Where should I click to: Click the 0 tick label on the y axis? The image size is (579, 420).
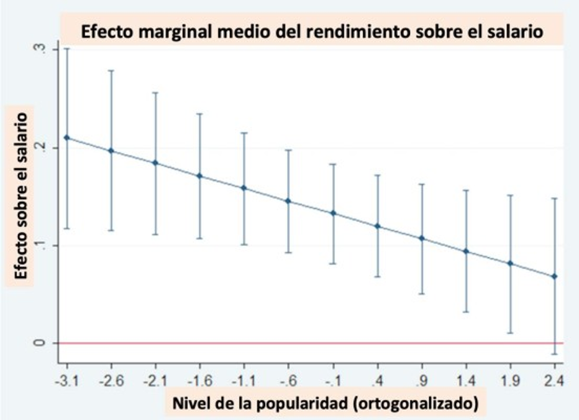41,343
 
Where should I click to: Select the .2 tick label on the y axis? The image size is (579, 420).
41,147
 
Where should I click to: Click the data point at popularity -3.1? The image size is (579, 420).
66,138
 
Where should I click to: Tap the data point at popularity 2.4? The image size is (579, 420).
555,276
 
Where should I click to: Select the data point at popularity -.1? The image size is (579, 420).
333,213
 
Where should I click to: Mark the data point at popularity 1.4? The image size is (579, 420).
466,251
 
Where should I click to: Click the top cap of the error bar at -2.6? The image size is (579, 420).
111,70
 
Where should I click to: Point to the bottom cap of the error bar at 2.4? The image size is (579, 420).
555,354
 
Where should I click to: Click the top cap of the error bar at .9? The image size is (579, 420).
422,184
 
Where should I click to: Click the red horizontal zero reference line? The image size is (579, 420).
311,343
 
